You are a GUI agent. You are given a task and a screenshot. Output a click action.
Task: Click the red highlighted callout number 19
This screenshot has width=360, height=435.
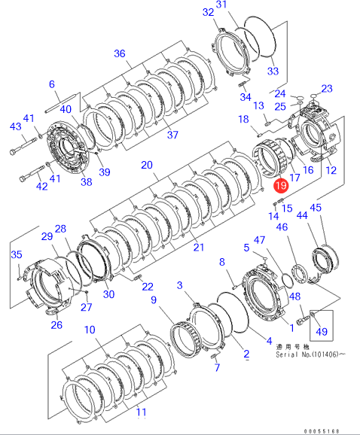pyautogui.click(x=281, y=185)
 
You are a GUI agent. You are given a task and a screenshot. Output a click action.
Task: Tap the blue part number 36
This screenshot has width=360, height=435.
pyautogui.click(x=120, y=53)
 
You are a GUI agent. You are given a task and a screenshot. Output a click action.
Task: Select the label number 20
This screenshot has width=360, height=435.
pyautogui.click(x=147, y=165)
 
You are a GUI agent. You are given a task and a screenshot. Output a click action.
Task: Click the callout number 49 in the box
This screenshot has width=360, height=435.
pyautogui.click(x=322, y=332)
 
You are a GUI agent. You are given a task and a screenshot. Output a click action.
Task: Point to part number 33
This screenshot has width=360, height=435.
pyautogui.click(x=273, y=71)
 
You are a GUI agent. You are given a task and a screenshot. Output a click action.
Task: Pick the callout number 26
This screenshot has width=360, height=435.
pyautogui.click(x=56, y=324)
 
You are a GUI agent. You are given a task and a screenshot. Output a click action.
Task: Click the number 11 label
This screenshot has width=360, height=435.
pyautogui.click(x=142, y=412)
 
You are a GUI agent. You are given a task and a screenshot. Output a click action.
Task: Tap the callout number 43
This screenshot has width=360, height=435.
pyautogui.click(x=16, y=126)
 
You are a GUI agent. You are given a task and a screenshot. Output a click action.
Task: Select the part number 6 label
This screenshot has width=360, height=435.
pyautogui.click(x=52, y=84)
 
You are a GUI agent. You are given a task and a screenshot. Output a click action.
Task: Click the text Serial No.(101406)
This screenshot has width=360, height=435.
pyautogui.click(x=307, y=354)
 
